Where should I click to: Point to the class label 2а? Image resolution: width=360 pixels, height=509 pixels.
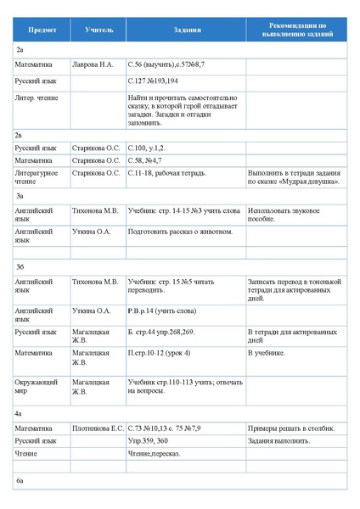[20, 50]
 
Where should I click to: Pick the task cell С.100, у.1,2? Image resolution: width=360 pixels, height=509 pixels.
[153, 148]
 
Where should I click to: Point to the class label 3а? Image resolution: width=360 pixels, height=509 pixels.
[20, 196]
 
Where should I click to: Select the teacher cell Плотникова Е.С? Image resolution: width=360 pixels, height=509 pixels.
[98, 428]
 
